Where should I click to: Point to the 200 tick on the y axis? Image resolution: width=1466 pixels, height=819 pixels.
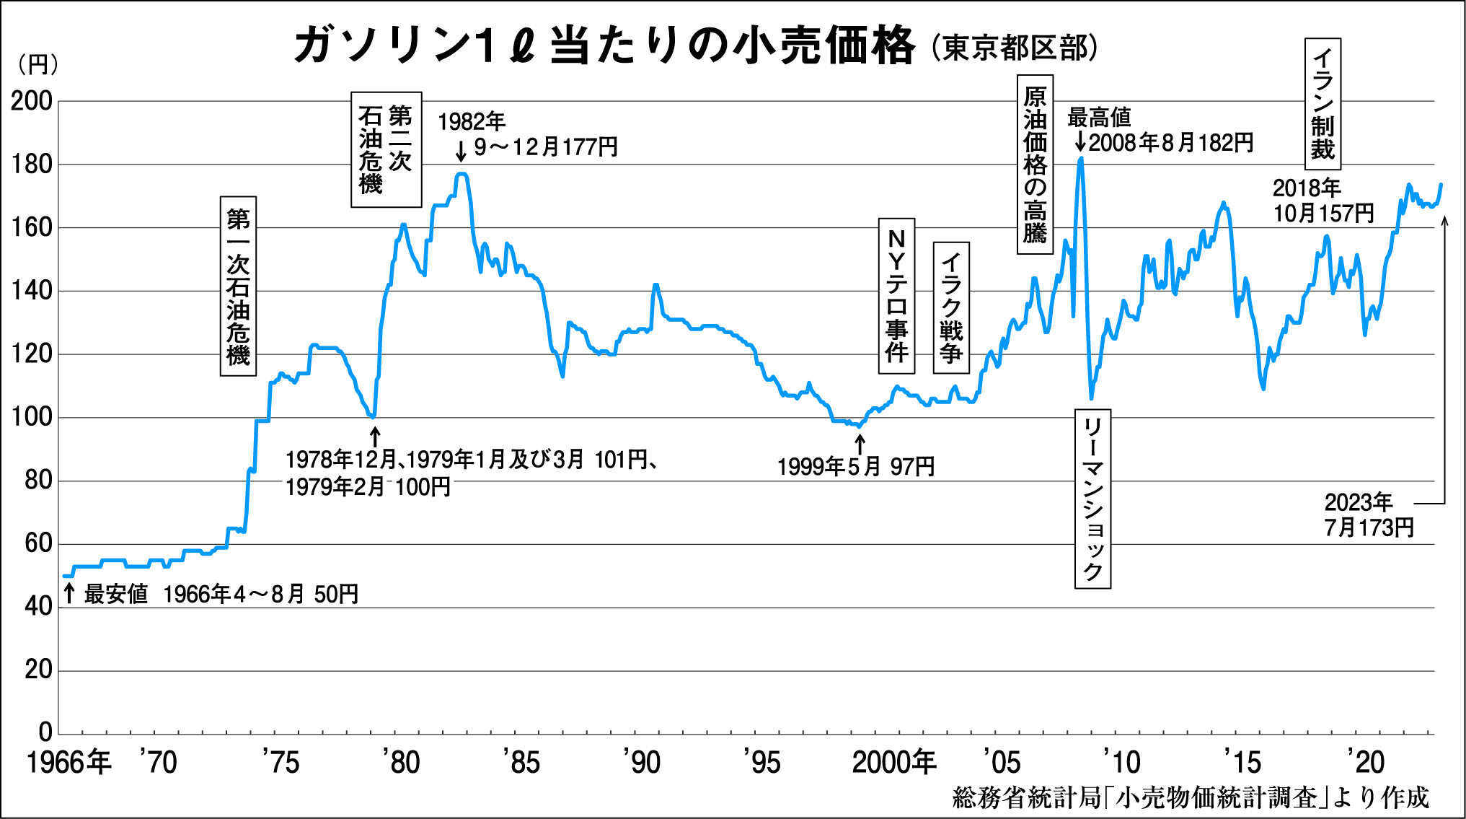click(32, 102)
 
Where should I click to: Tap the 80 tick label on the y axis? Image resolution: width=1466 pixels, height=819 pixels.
click(38, 481)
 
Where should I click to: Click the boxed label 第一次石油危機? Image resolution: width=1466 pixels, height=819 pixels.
click(238, 286)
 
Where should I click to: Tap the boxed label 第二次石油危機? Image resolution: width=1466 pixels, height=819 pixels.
click(386, 149)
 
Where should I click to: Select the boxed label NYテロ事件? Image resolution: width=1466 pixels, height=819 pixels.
click(896, 296)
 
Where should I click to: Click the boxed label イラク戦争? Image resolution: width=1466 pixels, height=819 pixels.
click(951, 308)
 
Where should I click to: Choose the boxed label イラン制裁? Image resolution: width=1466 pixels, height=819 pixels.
click(1323, 104)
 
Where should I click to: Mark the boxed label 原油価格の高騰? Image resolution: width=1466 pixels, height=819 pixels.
click(1035, 165)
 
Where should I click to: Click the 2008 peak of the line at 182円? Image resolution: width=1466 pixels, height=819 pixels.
click(1080, 158)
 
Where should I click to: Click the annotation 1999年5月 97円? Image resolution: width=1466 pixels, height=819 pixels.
click(856, 467)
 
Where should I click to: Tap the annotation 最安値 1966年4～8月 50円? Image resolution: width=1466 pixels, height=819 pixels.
click(221, 595)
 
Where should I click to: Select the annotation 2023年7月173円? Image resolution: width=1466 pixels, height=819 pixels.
click(1368, 515)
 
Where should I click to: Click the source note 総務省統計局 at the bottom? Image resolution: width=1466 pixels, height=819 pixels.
click(1190, 798)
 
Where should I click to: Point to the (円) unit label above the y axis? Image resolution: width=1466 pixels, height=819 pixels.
click(37, 65)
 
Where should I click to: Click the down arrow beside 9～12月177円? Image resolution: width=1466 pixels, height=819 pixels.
click(462, 151)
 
